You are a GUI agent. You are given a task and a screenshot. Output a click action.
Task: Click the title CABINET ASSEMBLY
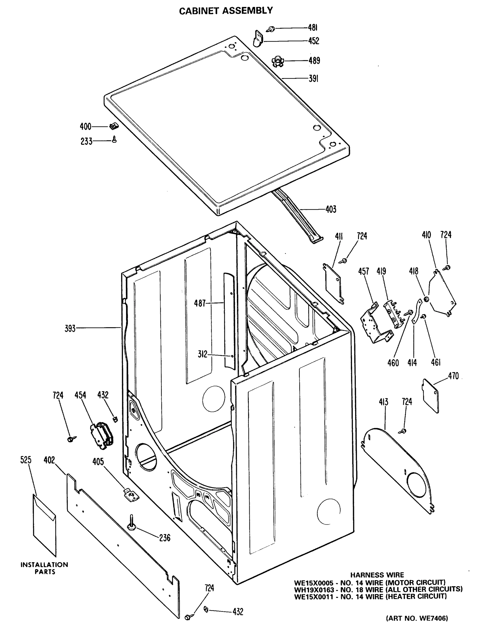coord(226,11)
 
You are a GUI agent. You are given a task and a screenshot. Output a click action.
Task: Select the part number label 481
coord(313,28)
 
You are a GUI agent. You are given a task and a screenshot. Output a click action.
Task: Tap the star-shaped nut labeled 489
coord(277,61)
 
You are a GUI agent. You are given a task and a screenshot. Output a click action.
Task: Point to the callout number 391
coord(314,78)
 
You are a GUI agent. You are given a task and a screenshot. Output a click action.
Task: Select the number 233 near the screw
coord(86,141)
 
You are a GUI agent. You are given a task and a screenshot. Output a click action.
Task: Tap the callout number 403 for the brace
coord(331,209)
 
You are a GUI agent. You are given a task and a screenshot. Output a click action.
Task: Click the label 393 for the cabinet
coord(70,328)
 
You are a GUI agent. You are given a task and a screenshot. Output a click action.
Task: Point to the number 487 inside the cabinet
coord(200,303)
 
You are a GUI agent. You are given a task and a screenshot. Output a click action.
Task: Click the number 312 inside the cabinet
coord(202,354)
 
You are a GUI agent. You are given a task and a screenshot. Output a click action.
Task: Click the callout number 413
coord(383,402)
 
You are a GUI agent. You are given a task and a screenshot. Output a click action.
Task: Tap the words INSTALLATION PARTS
coord(44,568)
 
